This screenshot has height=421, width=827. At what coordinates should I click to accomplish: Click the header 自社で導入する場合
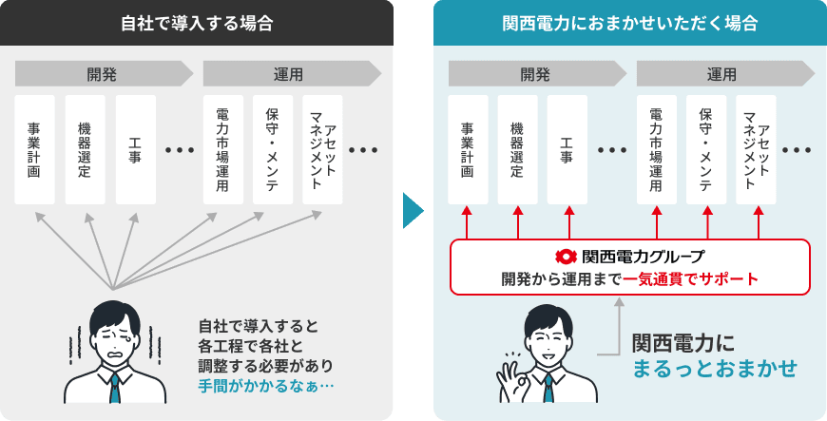click(197, 23)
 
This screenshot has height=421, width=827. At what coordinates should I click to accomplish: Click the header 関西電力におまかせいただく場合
click(629, 23)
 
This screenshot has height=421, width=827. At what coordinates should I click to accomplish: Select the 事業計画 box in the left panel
click(34, 149)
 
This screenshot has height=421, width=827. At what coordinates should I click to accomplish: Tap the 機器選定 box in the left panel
click(85, 149)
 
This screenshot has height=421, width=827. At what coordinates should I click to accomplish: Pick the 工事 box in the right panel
click(567, 149)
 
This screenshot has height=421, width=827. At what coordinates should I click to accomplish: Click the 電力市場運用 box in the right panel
click(657, 149)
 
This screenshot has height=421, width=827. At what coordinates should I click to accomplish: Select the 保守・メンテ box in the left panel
click(273, 149)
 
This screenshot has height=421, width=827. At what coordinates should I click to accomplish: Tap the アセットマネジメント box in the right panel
click(757, 149)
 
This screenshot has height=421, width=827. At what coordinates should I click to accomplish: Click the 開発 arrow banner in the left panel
click(105, 74)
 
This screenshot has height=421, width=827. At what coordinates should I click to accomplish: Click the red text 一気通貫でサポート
click(691, 278)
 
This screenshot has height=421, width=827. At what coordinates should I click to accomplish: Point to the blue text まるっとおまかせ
click(715, 368)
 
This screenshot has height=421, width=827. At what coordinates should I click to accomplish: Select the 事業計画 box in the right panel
click(467, 149)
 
